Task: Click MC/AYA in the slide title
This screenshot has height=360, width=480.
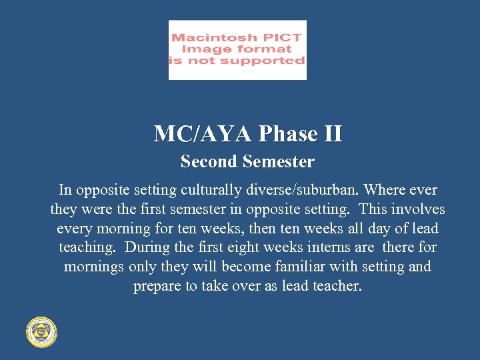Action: pyautogui.click(x=203, y=134)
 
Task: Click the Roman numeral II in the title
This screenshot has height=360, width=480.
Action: pyautogui.click(x=332, y=134)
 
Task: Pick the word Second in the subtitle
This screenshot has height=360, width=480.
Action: pyautogui.click(x=209, y=162)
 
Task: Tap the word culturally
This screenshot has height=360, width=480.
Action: pyautogui.click(x=207, y=190)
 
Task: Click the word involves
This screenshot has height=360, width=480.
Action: pyautogui.click(x=419, y=209)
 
